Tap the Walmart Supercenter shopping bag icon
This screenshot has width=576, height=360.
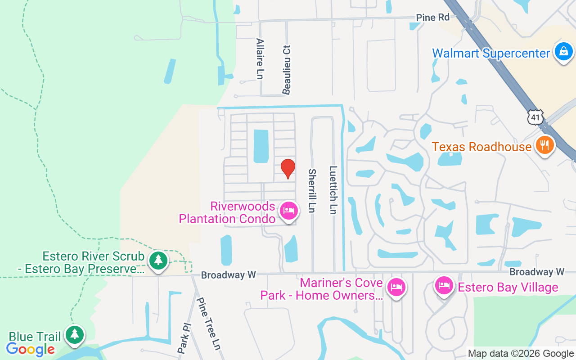click(x=563, y=52)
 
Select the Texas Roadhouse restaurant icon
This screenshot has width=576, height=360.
click(x=545, y=145)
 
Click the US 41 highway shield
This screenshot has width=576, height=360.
click(x=535, y=117)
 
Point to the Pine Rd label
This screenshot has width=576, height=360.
click(x=432, y=18)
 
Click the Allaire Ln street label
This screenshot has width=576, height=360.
click(x=260, y=58)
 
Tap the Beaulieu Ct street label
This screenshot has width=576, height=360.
click(x=287, y=70)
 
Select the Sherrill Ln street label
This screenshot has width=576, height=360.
click(x=311, y=190)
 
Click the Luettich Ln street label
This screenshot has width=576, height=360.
click(x=333, y=190)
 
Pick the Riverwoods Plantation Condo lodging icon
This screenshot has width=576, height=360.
click(x=288, y=210)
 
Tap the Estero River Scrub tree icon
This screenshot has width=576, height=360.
click(x=158, y=261)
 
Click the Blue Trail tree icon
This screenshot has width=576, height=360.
click(x=75, y=334)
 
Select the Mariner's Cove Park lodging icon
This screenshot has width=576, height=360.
click(x=396, y=286)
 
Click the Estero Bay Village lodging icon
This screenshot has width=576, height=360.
click(x=444, y=285)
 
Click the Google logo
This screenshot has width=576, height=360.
click(x=31, y=349)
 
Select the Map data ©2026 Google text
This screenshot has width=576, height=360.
click(x=521, y=354)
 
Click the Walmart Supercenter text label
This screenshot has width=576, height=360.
click(x=491, y=53)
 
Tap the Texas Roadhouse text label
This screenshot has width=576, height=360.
click(x=482, y=147)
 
